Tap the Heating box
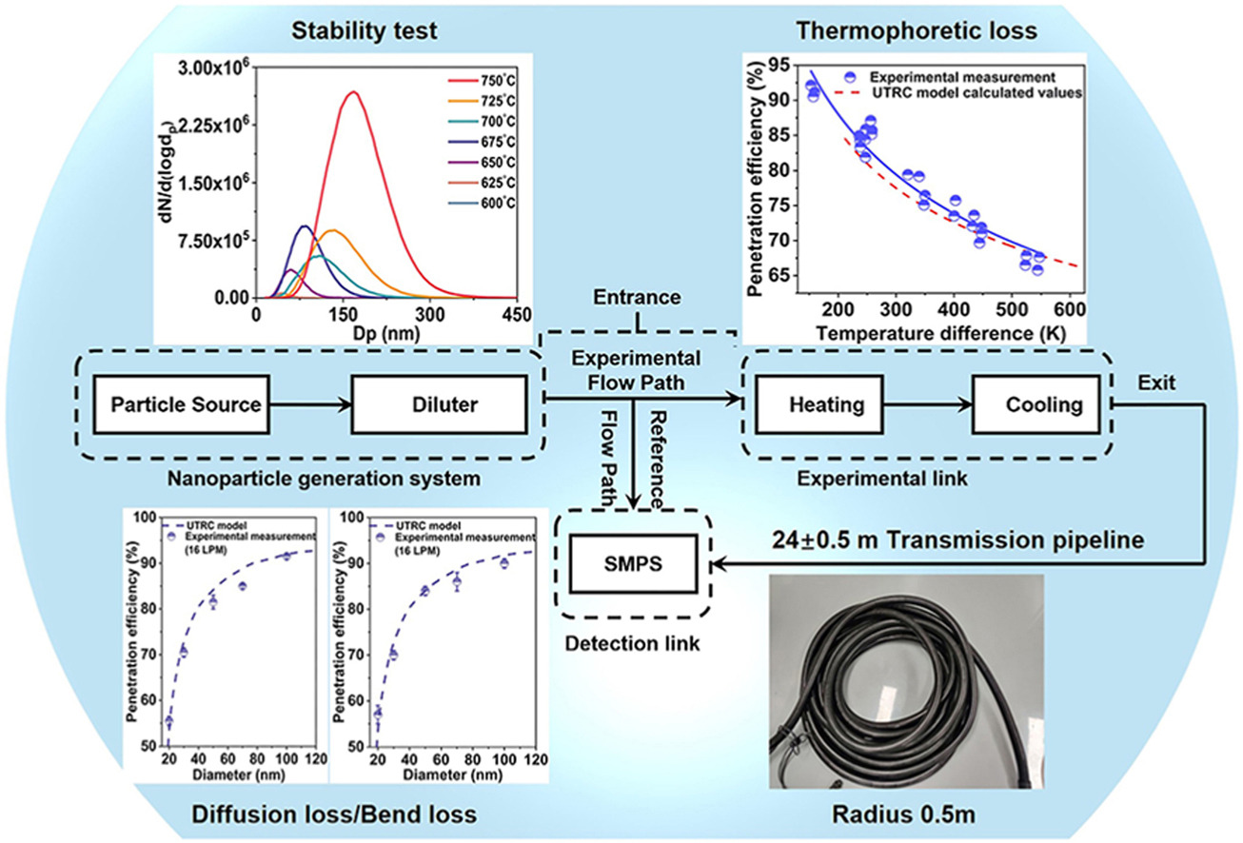point(826,404)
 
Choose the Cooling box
point(1043,404)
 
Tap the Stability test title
point(365,30)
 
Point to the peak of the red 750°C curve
point(353,92)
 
